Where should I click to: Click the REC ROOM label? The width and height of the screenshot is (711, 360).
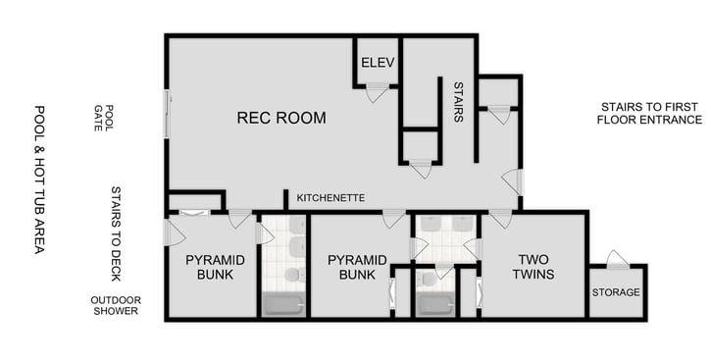coord(281,118)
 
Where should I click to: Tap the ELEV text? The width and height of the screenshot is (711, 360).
coord(378,63)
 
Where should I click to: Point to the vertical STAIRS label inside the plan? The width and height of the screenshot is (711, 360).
coord(457,101)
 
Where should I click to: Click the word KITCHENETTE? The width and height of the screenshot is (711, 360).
coord(330,198)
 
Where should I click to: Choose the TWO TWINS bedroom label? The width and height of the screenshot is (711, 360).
coord(535,267)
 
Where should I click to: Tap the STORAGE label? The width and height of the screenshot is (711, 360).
coord(616,292)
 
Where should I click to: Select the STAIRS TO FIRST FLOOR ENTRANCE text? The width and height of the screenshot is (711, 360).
coord(650,112)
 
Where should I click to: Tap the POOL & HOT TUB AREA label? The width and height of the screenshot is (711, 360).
coord(40,180)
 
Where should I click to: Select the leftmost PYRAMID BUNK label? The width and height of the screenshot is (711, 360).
coord(208,267)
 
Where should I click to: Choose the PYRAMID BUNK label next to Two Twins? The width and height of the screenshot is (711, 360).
coord(350,267)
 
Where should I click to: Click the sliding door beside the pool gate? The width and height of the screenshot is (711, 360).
coord(167,113)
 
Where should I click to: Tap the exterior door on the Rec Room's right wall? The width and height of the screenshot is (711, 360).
coord(512,181)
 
